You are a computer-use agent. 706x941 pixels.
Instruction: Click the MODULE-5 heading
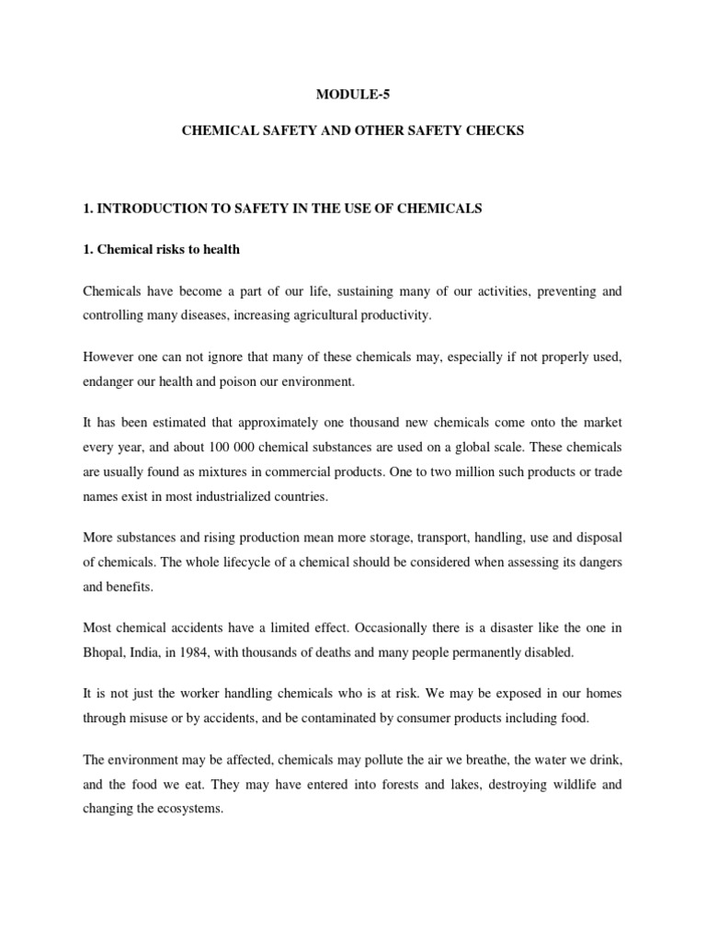(353, 93)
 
